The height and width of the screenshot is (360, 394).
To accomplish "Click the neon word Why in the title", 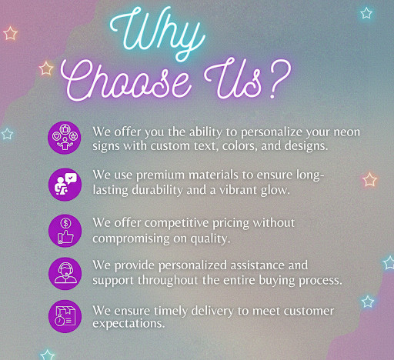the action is tap(157, 32).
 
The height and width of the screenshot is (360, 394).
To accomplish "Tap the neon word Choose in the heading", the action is tap(125, 79).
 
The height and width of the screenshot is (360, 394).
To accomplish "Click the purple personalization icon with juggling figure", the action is tap(65, 138).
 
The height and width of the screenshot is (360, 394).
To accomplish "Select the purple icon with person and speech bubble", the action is tap(65, 185).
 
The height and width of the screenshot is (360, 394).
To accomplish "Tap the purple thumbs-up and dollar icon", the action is tap(65, 231).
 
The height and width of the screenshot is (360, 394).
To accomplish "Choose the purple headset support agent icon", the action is tap(65, 274).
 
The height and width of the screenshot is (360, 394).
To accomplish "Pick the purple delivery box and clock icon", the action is tap(65, 316).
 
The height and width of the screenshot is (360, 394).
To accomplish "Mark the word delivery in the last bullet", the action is tap(212, 312).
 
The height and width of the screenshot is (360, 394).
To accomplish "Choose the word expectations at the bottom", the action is tap(129, 324).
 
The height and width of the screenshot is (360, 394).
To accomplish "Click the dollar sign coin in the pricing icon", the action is tap(66, 223).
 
